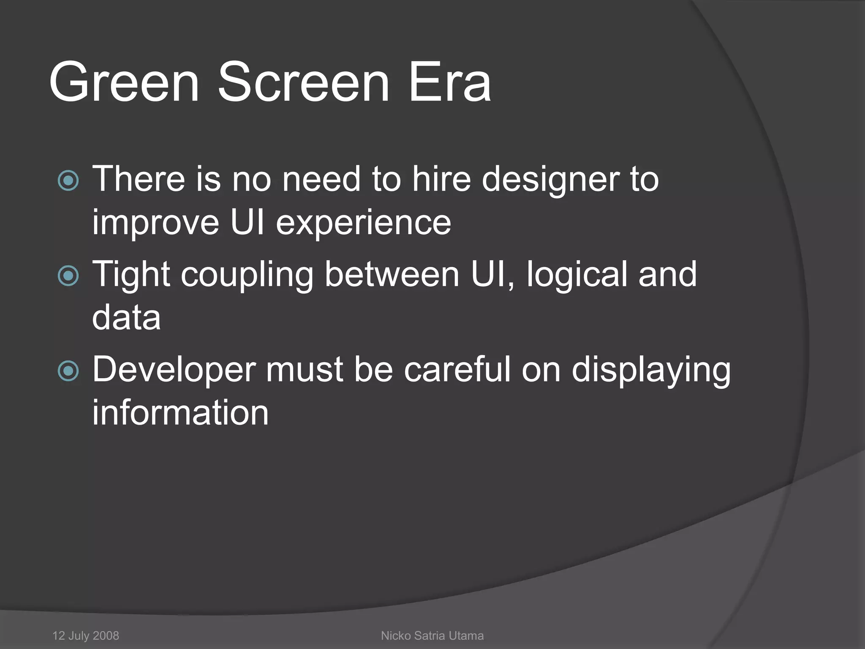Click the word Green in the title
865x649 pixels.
pos(124,82)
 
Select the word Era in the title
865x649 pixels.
pos(449,82)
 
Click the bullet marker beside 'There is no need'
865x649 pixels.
pos(68,180)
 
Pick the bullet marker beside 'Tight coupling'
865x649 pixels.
pos(68,276)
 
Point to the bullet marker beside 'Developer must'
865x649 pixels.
pos(68,371)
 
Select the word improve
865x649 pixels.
pos(155,223)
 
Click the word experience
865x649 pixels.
pos(364,223)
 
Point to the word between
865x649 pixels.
pos(392,275)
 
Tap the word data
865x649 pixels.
pos(126,318)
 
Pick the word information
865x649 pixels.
pos(180,413)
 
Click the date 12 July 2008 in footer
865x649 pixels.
pos(86,635)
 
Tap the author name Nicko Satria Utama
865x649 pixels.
pos(432,635)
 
